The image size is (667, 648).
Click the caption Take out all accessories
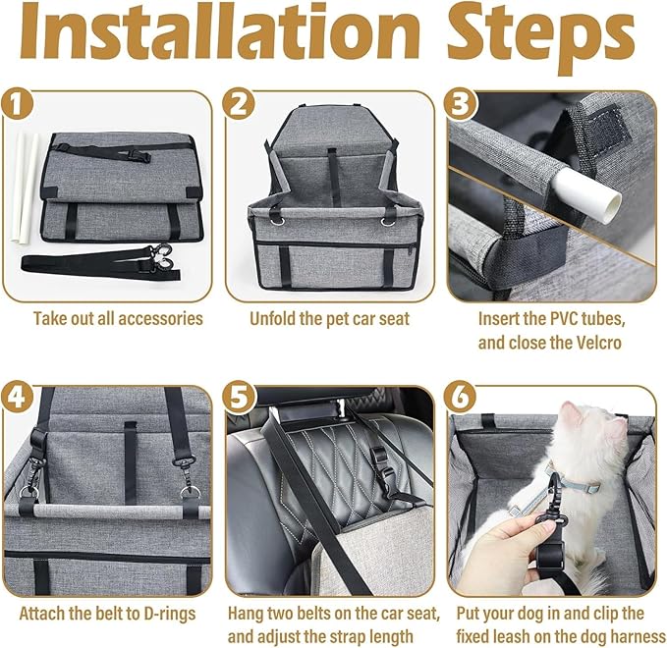[118, 318]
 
